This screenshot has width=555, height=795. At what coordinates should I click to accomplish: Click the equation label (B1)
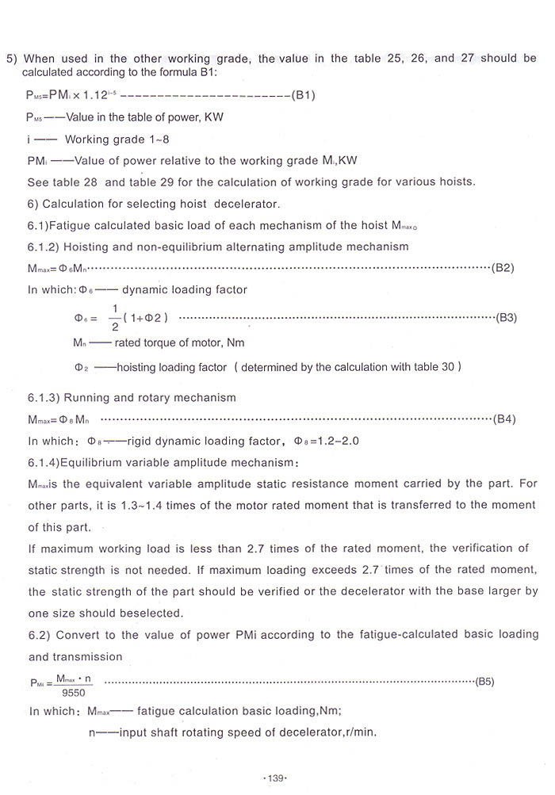pyautogui.click(x=304, y=96)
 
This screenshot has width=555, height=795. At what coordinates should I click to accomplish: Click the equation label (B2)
pyautogui.click(x=503, y=268)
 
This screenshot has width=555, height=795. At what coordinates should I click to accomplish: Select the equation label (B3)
pyautogui.click(x=506, y=318)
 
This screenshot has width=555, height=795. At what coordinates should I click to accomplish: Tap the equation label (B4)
pyautogui.click(x=504, y=418)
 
